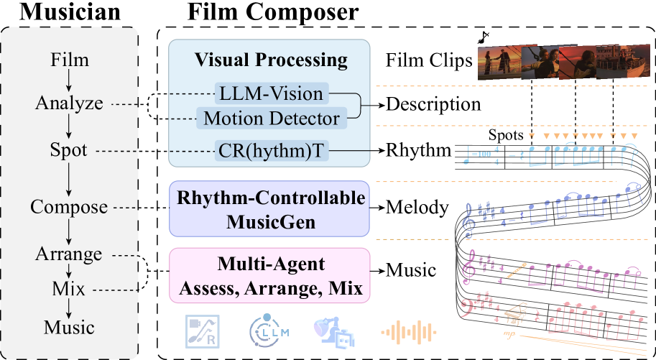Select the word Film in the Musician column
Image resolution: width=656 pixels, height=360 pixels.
coord(69,59)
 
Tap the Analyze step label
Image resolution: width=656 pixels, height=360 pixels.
coord(69,103)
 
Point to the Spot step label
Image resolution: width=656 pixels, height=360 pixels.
coord(69,151)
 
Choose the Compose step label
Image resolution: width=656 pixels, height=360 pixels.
coord(69,208)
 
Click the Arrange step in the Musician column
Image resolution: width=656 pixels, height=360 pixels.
coord(69,254)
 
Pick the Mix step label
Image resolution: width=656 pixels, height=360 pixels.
coord(69,290)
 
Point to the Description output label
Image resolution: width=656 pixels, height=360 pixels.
coord(433,104)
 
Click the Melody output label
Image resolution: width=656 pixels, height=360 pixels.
coord(417,208)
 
